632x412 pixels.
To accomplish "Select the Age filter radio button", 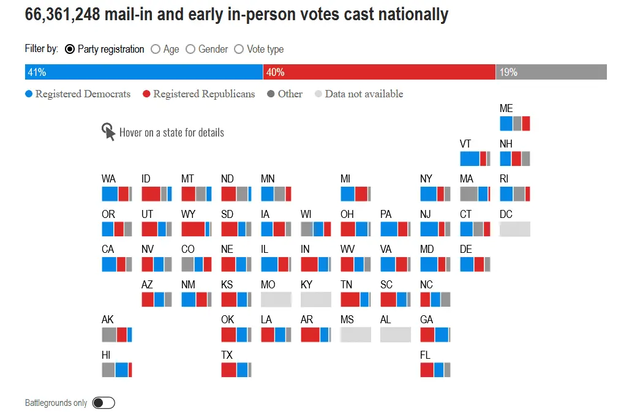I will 156,49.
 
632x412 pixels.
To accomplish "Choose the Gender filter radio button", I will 190,49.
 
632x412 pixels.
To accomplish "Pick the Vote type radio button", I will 239,49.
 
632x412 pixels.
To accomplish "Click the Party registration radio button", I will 70,49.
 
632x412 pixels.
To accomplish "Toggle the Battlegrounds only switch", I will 103,403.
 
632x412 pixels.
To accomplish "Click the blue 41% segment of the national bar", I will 144,72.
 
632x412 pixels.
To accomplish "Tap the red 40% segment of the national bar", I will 380,72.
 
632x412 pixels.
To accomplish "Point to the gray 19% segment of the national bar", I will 551,72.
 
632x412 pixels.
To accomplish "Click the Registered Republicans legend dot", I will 146,94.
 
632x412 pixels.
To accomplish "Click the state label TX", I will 227,355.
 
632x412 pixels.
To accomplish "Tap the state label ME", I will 506,109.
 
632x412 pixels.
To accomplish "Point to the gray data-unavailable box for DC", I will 515,230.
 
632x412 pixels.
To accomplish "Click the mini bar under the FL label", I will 435,370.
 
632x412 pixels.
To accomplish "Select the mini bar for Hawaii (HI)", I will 117,370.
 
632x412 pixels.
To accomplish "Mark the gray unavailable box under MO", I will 276,299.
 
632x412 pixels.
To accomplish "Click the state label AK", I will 108,320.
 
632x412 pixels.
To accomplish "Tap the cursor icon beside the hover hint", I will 108,132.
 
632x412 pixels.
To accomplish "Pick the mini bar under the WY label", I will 197,230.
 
